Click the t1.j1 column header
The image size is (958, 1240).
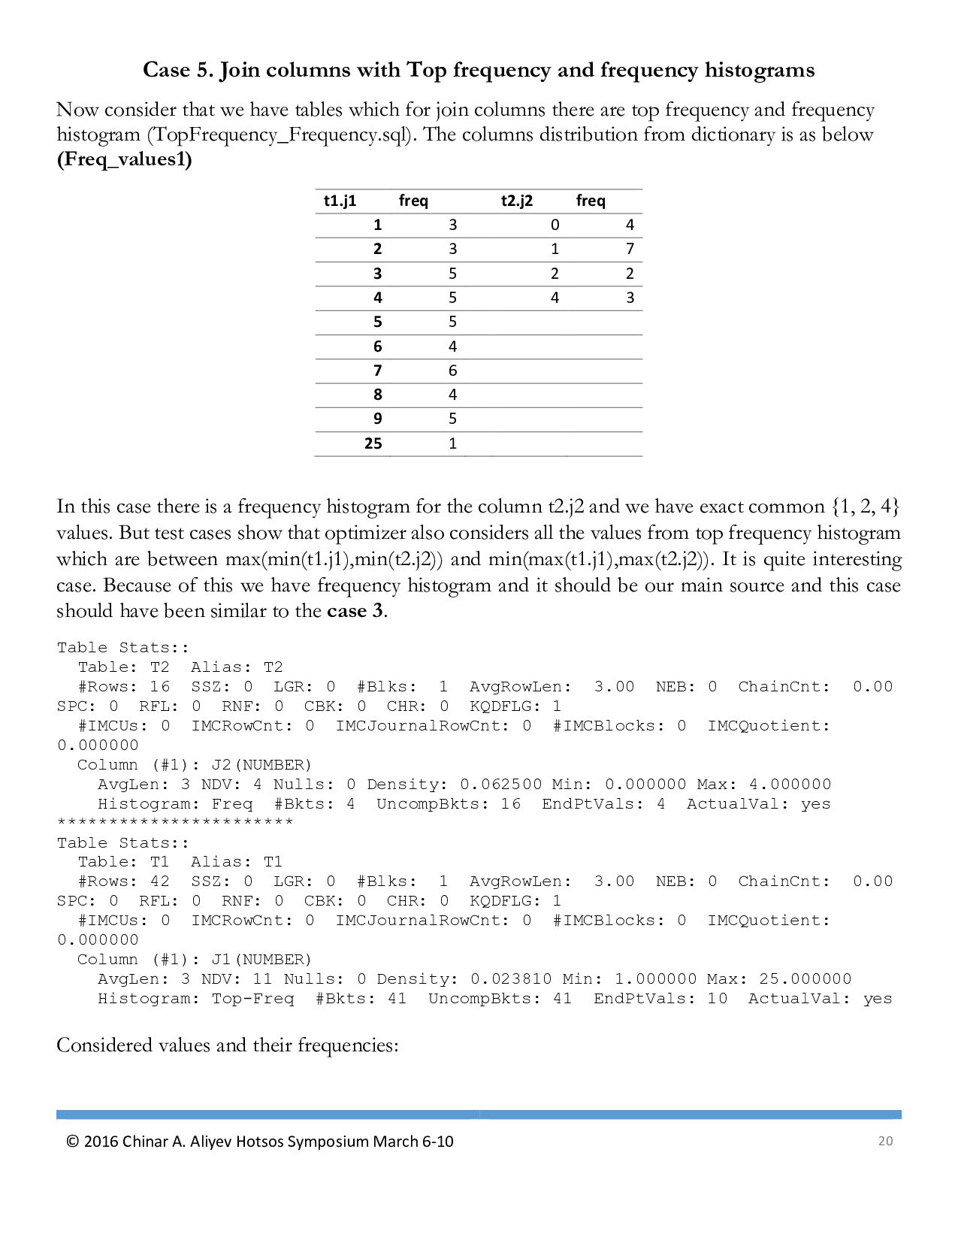click(x=340, y=201)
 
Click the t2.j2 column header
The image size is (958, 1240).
click(x=517, y=201)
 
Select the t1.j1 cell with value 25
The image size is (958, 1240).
click(x=373, y=443)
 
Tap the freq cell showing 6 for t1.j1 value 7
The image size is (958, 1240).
click(x=452, y=370)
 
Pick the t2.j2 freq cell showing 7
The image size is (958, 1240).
click(x=630, y=249)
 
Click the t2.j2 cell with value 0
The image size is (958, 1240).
click(x=555, y=225)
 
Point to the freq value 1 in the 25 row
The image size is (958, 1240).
click(x=452, y=443)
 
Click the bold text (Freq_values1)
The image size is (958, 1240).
click(x=124, y=159)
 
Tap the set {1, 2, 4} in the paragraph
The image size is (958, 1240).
click(x=866, y=507)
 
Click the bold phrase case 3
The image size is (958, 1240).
click(x=355, y=610)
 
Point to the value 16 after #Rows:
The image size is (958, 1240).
click(x=160, y=687)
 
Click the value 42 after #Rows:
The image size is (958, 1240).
click(x=160, y=882)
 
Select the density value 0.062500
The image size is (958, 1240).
click(x=500, y=785)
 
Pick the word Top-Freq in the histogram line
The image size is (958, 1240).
click(x=253, y=999)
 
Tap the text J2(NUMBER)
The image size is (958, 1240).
click(x=261, y=765)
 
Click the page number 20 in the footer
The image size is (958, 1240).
click(x=885, y=1141)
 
